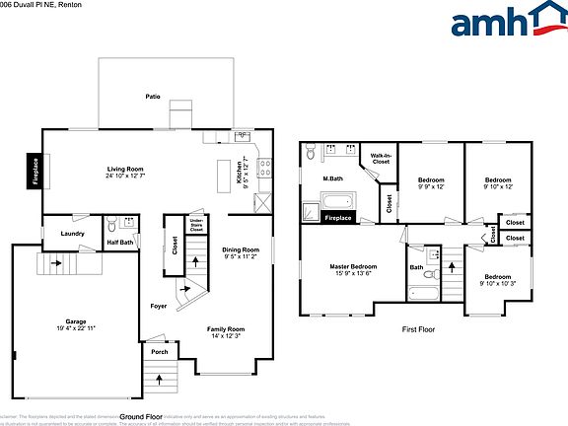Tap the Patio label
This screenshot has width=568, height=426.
pyautogui.click(x=153, y=97)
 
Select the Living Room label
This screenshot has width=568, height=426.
pyautogui.click(x=126, y=170)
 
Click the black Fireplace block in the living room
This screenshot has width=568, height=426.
pyautogui.click(x=35, y=171)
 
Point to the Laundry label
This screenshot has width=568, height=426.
pyautogui.click(x=72, y=234)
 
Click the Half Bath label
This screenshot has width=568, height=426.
pyautogui.click(x=120, y=242)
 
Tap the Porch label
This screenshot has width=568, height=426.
pyautogui.click(x=157, y=351)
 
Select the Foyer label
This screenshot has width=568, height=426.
pyautogui.click(x=158, y=305)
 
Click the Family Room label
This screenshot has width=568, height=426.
pyautogui.click(x=225, y=328)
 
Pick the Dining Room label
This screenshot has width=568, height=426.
pyautogui.click(x=241, y=249)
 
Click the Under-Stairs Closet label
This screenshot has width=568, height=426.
pyautogui.click(x=196, y=225)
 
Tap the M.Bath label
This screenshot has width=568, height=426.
pyautogui.click(x=332, y=178)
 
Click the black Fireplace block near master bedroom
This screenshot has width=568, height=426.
pyautogui.click(x=338, y=217)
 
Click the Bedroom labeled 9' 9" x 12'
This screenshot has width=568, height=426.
pyautogui.click(x=431, y=180)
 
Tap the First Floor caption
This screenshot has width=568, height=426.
pyautogui.click(x=418, y=330)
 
